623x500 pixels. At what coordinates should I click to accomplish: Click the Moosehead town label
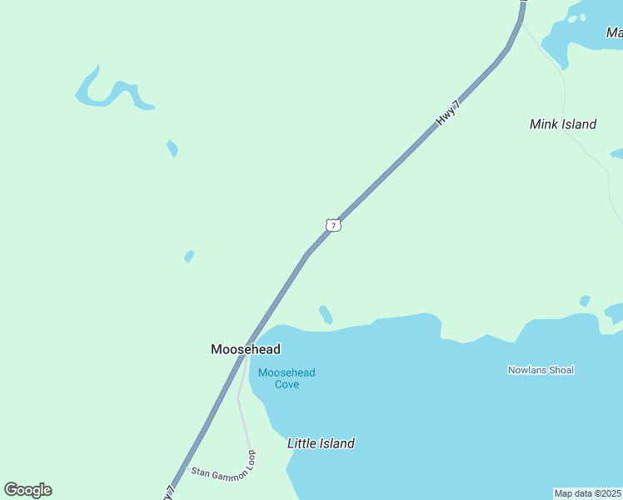[x=245, y=349]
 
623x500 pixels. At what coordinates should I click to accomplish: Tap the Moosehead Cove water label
[x=287, y=378]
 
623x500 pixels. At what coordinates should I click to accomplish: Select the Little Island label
[x=321, y=443]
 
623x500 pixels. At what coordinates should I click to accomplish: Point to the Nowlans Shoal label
[x=541, y=370]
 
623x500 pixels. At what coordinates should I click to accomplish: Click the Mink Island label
[x=563, y=124]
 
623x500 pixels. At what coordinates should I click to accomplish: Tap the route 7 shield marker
[x=333, y=225]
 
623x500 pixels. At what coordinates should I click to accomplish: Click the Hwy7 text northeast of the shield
[x=448, y=112]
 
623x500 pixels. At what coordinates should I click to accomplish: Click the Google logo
[x=27, y=490]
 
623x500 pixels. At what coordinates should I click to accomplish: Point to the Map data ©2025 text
[x=587, y=493]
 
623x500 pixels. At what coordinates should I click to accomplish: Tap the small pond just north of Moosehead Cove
[x=326, y=314]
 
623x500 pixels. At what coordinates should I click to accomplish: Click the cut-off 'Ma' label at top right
[x=615, y=32]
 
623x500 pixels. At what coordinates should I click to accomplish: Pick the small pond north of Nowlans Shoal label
[x=585, y=301]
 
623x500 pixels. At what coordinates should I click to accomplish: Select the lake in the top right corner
[x=583, y=33]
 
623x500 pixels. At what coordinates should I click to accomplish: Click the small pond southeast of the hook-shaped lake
[x=172, y=148]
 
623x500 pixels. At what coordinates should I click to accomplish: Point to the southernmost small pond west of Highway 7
[x=189, y=256]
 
